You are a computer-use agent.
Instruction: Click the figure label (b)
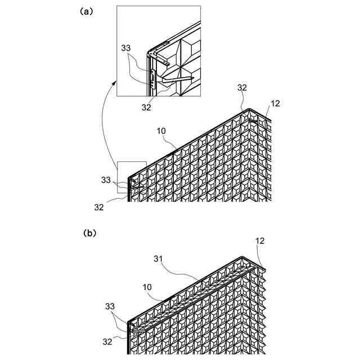[x=89, y=231]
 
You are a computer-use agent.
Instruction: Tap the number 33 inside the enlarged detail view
[x=127, y=48]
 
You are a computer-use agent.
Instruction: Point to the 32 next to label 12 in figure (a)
[x=242, y=88]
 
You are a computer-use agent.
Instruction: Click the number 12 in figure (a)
[x=275, y=103]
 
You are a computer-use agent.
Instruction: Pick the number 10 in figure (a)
[x=161, y=131]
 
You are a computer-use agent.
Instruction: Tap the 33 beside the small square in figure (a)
[x=106, y=180]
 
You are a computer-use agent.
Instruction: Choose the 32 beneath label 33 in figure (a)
[x=99, y=207]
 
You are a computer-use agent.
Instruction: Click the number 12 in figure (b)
[x=259, y=241]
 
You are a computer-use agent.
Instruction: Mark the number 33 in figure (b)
[x=110, y=307]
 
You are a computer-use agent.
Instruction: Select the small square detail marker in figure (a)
[x=132, y=177]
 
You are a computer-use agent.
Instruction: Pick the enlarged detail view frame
[x=158, y=51]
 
